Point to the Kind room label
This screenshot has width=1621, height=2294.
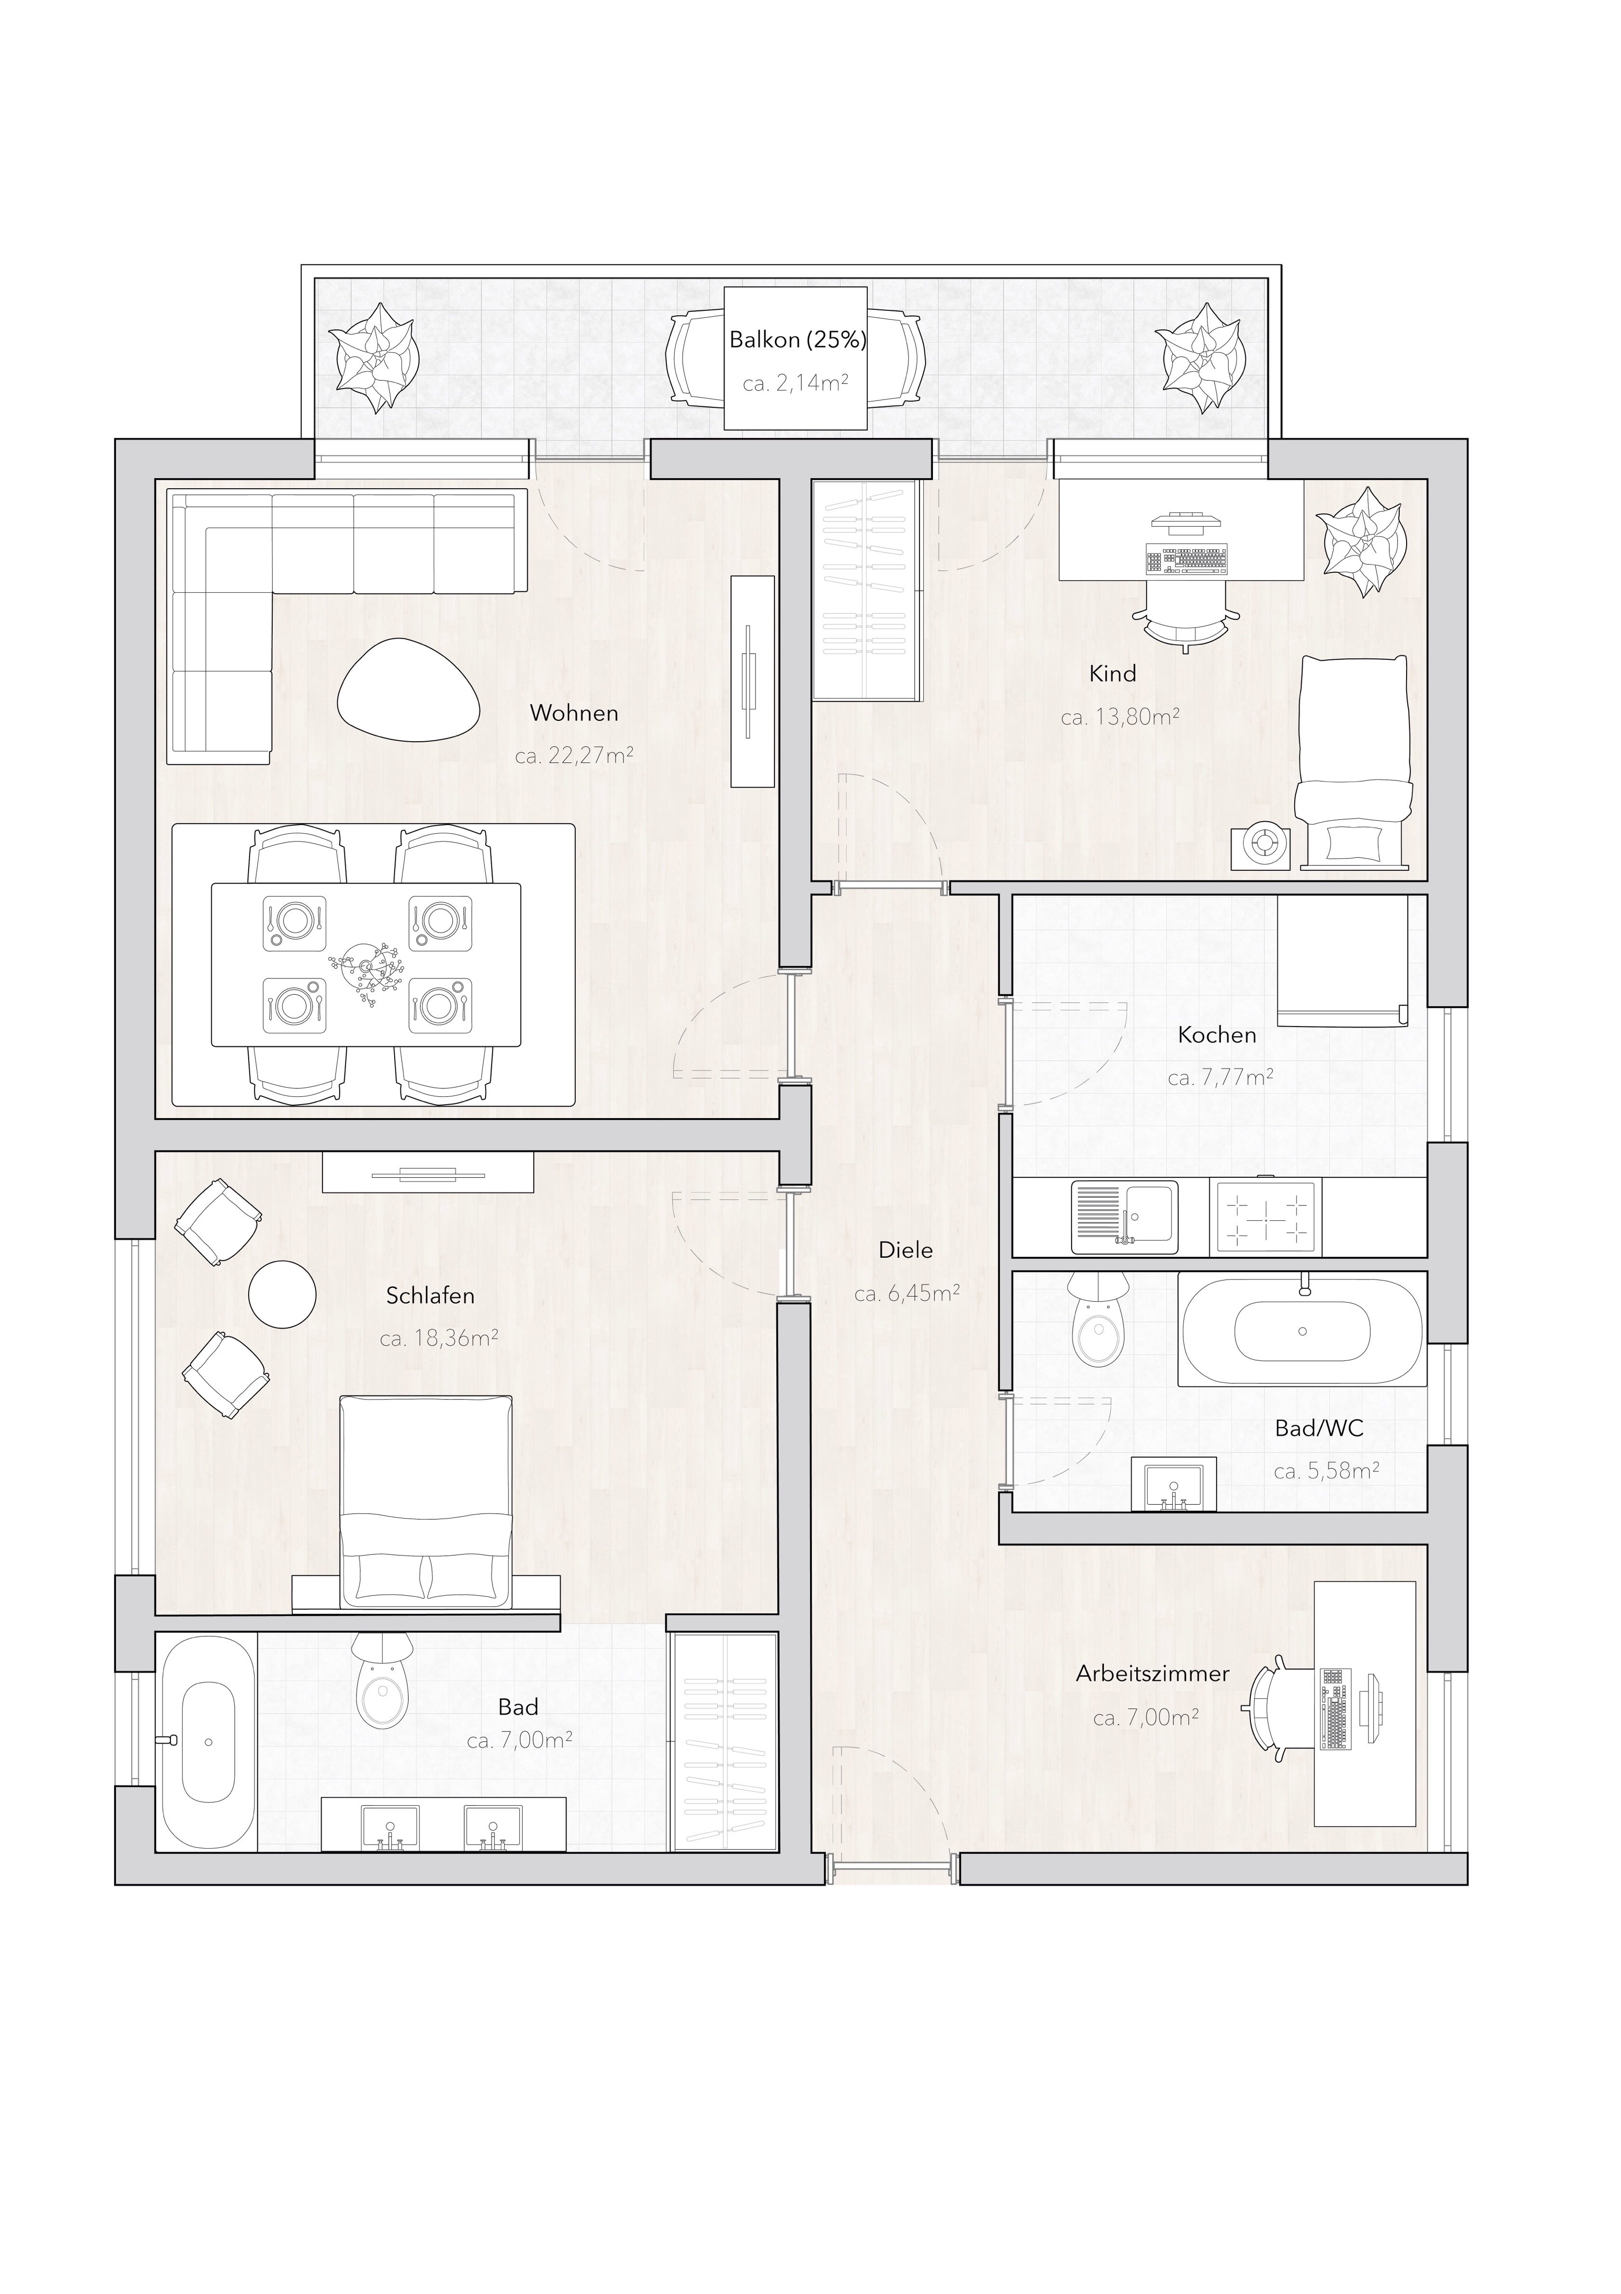[1113, 674]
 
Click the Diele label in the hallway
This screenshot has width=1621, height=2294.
[906, 1250]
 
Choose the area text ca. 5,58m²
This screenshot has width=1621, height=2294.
[1327, 1471]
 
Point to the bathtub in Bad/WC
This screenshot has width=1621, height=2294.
[1302, 1330]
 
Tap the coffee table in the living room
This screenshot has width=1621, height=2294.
[410, 689]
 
